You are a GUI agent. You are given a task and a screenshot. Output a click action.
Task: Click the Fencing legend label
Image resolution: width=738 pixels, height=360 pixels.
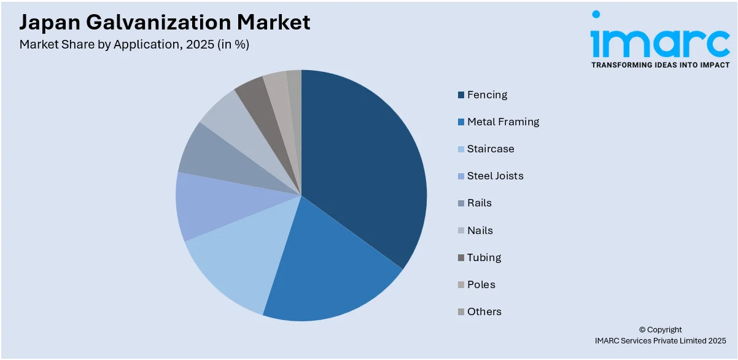click(x=487, y=95)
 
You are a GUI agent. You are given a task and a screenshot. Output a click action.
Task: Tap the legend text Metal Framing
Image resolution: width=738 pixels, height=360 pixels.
click(x=503, y=122)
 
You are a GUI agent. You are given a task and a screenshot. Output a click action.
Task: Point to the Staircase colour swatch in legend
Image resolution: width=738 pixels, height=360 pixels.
click(x=460, y=149)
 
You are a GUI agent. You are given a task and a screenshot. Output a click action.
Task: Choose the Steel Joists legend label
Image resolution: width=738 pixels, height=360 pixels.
click(x=495, y=176)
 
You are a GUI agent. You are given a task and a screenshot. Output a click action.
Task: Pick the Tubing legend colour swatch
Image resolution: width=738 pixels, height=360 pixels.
click(x=460, y=258)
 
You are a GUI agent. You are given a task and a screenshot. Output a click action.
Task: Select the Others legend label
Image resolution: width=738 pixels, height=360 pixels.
click(x=484, y=311)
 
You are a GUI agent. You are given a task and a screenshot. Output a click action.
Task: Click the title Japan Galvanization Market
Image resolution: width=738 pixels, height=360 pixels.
click(x=165, y=23)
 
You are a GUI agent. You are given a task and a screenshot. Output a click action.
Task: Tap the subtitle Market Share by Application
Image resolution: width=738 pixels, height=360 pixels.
click(x=134, y=44)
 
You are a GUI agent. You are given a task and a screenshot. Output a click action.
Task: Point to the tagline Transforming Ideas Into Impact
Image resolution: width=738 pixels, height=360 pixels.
click(x=660, y=65)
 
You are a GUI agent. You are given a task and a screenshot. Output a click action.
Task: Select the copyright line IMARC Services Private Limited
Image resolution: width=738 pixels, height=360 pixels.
click(x=660, y=340)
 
